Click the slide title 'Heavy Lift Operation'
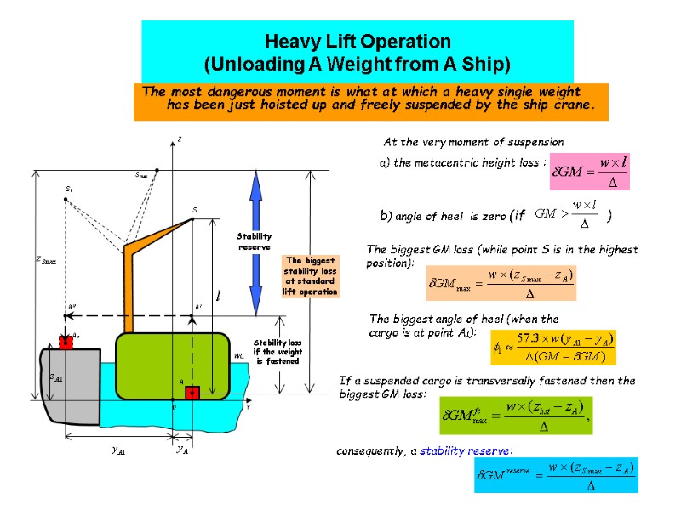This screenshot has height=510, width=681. tap(358, 41)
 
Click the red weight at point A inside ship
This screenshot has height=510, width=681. tap(192, 393)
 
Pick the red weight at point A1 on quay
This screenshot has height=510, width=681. tap(66, 342)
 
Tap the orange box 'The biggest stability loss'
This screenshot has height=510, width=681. tap(311, 276)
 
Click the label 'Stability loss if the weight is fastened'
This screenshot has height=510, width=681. tap(278, 351)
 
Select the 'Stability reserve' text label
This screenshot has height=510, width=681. tap(255, 241)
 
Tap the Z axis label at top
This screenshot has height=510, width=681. tap(180, 139)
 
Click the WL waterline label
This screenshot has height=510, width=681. tap(239, 357)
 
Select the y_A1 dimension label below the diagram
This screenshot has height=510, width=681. tap(119, 451)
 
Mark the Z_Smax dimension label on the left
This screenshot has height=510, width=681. tap(46, 261)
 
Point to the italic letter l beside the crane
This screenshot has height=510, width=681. tap(219, 296)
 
